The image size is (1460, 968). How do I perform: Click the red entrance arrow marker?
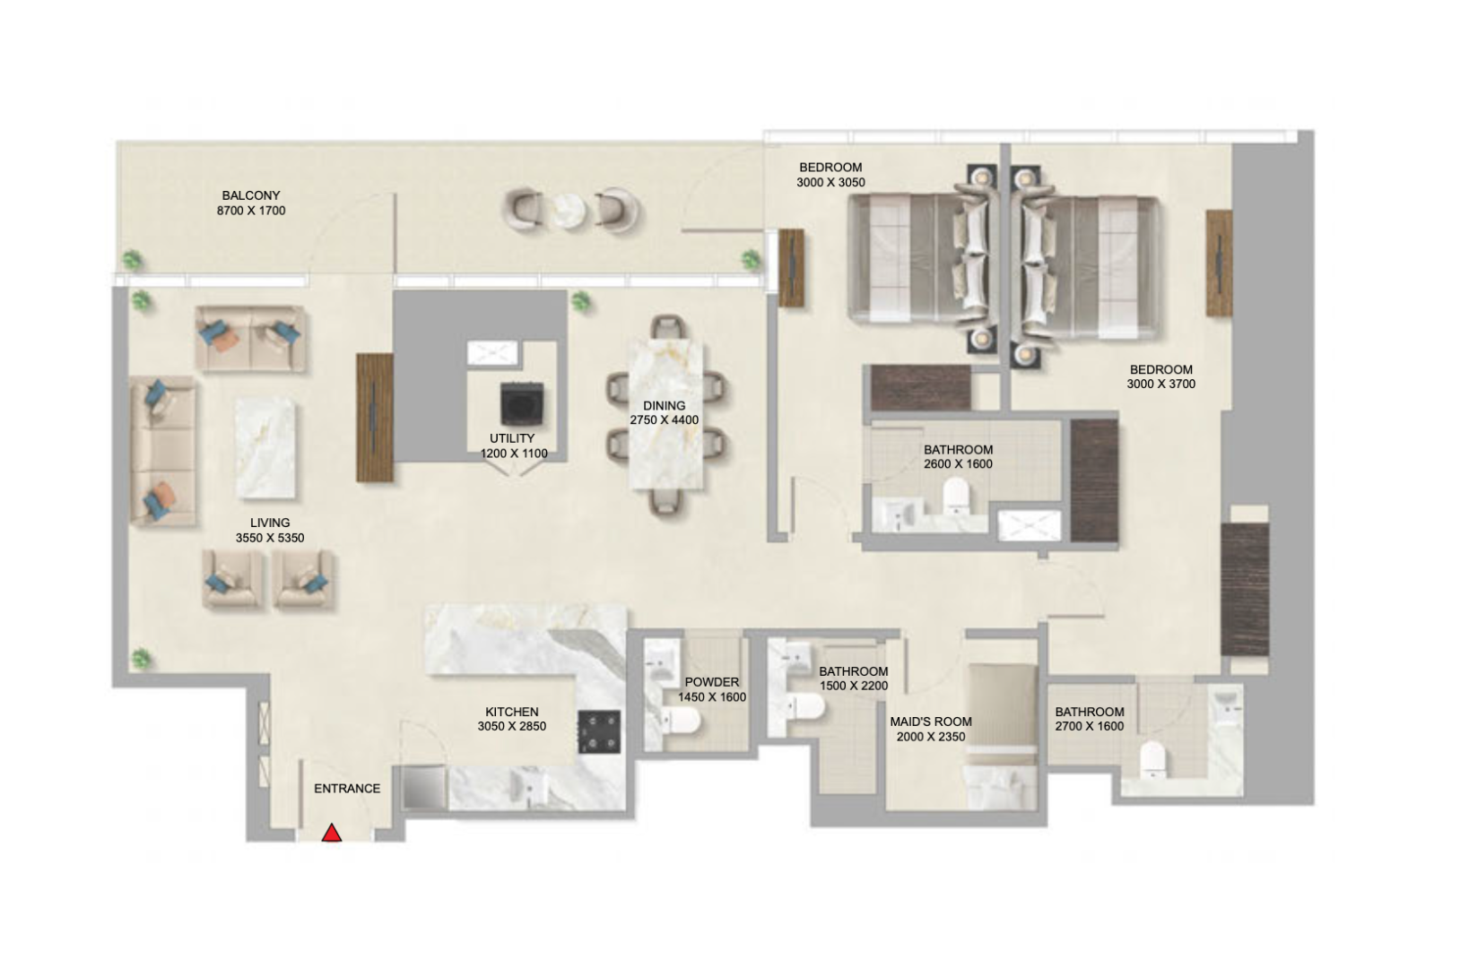click(332, 834)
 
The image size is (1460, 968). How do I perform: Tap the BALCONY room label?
click(251, 195)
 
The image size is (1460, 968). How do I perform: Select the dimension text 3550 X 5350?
click(270, 538)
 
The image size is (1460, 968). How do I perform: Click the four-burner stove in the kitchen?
click(599, 732)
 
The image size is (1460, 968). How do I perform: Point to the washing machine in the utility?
click(522, 404)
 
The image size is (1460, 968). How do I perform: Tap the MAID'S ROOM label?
click(931, 722)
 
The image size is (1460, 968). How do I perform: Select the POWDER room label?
click(712, 682)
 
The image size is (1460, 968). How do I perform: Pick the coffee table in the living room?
click(265, 448)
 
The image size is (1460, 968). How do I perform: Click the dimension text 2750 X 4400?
click(665, 420)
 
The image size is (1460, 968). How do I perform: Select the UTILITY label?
click(512, 438)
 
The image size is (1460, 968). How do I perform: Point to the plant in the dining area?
click(580, 302)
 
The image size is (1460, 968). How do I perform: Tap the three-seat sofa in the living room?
click(163, 451)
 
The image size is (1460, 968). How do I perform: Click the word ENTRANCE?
click(347, 789)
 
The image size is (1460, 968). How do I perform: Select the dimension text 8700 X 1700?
click(251, 211)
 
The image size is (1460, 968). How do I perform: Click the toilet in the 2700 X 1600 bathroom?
click(1153, 759)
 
